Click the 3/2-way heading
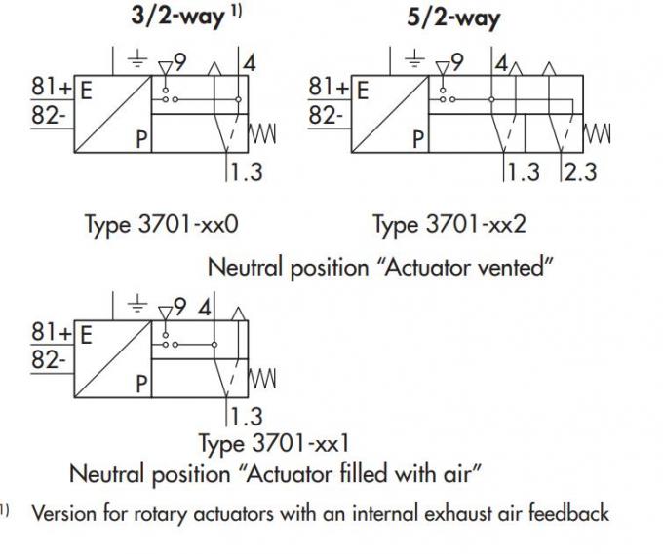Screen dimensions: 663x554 [x=177, y=17]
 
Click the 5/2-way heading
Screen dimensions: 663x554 [x=453, y=18]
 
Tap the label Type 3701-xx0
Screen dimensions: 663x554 [x=162, y=224]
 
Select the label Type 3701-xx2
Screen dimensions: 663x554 [x=449, y=224]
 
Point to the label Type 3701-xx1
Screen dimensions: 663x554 [x=274, y=443]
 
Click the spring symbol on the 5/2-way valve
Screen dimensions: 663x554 [x=598, y=133]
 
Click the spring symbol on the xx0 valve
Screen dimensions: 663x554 [x=262, y=133]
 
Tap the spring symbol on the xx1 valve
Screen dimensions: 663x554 [x=262, y=379]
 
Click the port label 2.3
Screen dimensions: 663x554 [x=580, y=172]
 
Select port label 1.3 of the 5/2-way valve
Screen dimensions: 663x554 [x=524, y=172]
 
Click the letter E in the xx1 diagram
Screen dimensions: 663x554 [x=86, y=335]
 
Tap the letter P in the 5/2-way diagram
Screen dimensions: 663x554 [x=417, y=139]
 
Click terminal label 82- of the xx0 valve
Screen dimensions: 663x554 [x=49, y=115]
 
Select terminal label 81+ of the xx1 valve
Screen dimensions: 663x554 [x=51, y=332]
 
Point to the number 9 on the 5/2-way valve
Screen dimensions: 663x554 [x=457, y=62]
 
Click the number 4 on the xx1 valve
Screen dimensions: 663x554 [x=205, y=308]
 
